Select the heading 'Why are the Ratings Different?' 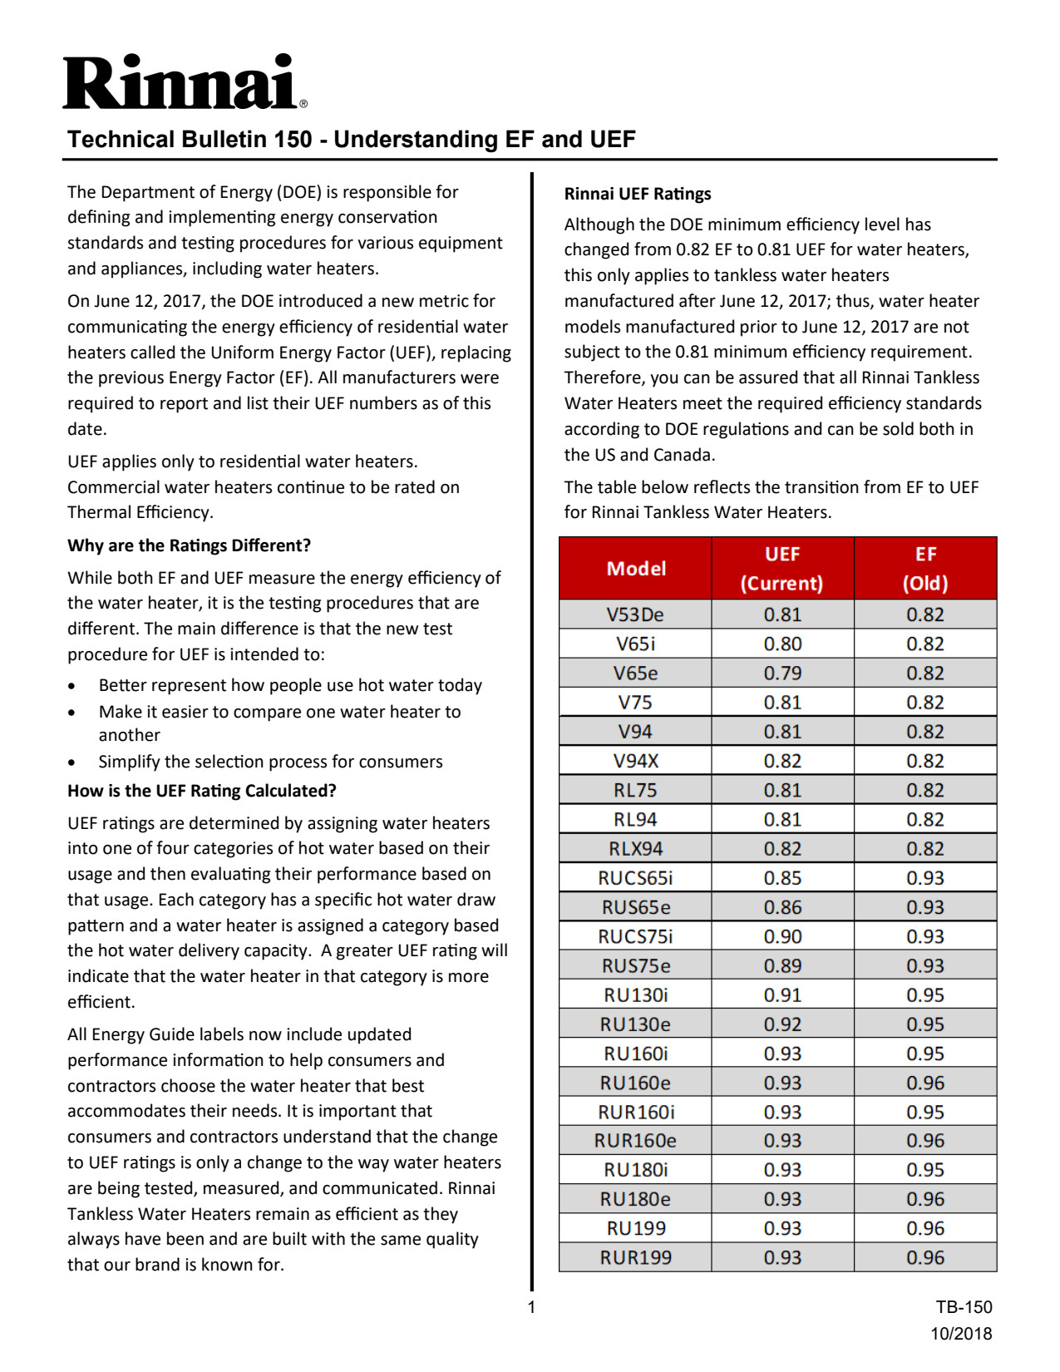pyautogui.click(x=189, y=545)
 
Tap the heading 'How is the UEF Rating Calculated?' pyautogui.click(x=201, y=791)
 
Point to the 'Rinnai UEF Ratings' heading pyautogui.click(x=638, y=194)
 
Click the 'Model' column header pyautogui.click(x=636, y=569)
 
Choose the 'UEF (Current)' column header pyautogui.click(x=782, y=569)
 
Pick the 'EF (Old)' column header pyautogui.click(x=925, y=569)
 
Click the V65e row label pyautogui.click(x=636, y=674)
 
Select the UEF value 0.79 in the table pyautogui.click(x=782, y=674)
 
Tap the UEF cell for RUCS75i pyautogui.click(x=782, y=936)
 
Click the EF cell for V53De pyautogui.click(x=925, y=614)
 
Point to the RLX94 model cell pyautogui.click(x=636, y=849)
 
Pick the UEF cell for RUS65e pyautogui.click(x=782, y=907)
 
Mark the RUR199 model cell pyautogui.click(x=636, y=1257)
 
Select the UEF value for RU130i pyautogui.click(x=782, y=995)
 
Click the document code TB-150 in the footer pyautogui.click(x=964, y=1307)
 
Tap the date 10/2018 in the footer pyautogui.click(x=961, y=1334)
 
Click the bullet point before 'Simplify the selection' pyautogui.click(x=72, y=762)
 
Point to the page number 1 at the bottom pyautogui.click(x=531, y=1307)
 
